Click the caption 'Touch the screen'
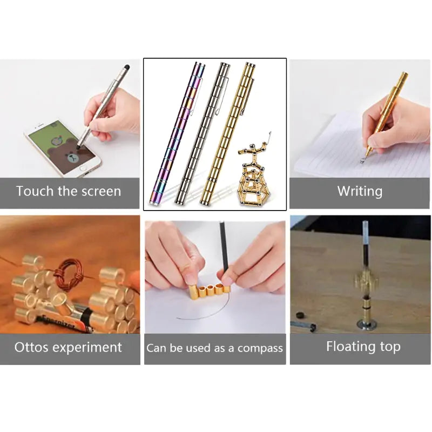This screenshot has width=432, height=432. pyautogui.click(x=69, y=191)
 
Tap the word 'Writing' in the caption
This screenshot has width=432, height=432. pyautogui.click(x=360, y=191)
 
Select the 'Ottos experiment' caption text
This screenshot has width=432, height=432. pyautogui.click(x=69, y=347)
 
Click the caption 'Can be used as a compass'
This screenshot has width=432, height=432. pyautogui.click(x=214, y=348)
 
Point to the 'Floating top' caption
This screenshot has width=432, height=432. pyautogui.click(x=363, y=347)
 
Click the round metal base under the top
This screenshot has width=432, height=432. pyautogui.click(x=366, y=324)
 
